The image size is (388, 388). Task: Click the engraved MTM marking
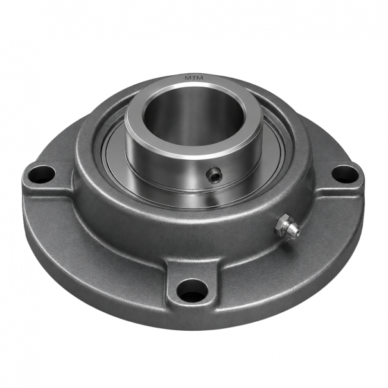coord(194,78)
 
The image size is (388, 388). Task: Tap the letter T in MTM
coord(194,78)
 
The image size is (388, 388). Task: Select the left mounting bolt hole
coord(41,174)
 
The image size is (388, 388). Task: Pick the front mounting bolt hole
coord(193,290)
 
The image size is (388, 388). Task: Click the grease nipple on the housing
coord(288,225)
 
